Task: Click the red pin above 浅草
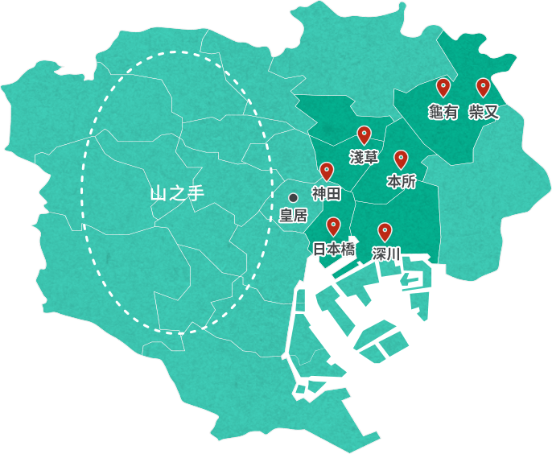364,135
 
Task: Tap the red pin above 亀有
443,87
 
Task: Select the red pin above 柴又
483,87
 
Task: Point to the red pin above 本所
401,159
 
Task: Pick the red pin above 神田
327,171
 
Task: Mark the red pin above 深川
385,232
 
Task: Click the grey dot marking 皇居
293,196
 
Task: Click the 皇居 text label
293,215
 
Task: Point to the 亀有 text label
443,112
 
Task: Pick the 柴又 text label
484,112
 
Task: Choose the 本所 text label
402,182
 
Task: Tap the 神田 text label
327,194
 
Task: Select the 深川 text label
386,254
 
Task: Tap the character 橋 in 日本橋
348,250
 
